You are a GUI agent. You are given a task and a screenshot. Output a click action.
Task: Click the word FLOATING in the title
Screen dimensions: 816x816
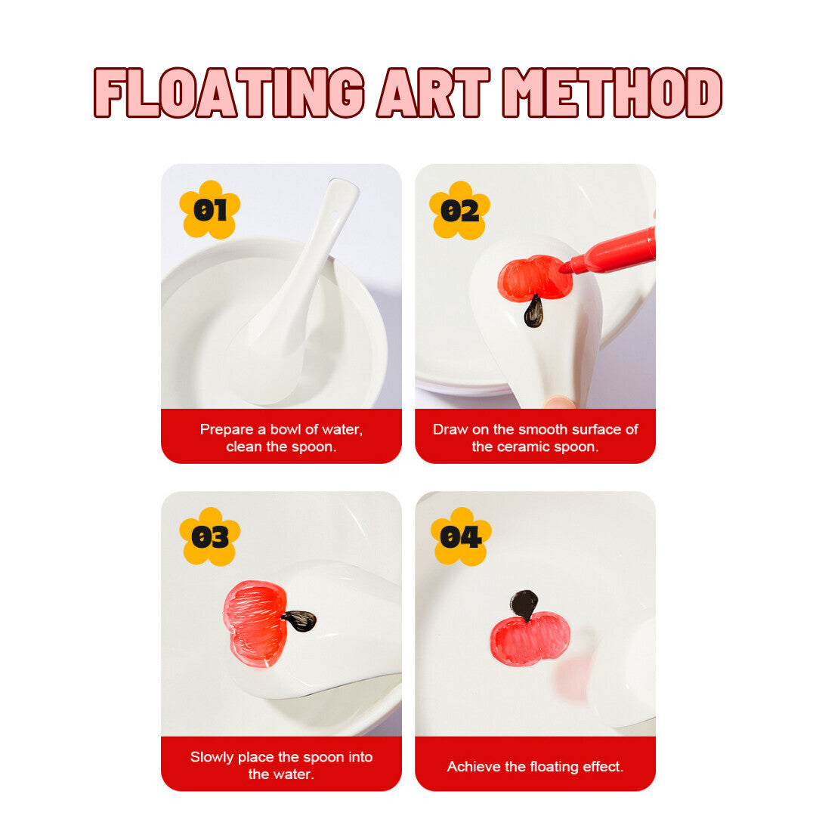[x=228, y=93]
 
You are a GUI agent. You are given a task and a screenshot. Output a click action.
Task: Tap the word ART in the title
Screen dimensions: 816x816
[x=434, y=93]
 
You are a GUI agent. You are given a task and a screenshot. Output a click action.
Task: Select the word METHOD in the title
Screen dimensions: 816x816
[x=613, y=93]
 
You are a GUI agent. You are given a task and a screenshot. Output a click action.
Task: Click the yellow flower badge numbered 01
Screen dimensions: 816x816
[x=210, y=210]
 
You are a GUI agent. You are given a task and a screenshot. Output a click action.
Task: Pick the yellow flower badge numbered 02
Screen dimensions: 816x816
[x=459, y=210]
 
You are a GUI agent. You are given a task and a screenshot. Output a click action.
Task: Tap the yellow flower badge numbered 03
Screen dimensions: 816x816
[x=210, y=536]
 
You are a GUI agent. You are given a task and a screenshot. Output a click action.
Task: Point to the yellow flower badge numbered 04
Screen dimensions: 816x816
[x=461, y=536]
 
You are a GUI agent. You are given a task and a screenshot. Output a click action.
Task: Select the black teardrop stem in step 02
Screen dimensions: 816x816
[x=533, y=311]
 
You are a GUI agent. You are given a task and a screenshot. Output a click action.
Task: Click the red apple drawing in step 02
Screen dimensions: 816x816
[x=534, y=278]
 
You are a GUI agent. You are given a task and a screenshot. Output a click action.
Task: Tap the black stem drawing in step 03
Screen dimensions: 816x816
[x=299, y=620]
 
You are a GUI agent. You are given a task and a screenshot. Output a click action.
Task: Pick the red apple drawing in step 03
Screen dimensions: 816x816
[x=255, y=624]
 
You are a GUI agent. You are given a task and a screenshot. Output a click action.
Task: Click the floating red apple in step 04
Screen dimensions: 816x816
[x=530, y=638]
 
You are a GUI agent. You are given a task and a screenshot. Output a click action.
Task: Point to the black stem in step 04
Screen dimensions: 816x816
[x=524, y=604]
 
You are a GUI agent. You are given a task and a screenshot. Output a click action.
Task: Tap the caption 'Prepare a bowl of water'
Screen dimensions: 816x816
[x=281, y=429]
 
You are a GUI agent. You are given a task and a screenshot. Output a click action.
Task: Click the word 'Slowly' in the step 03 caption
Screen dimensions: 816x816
[x=212, y=757]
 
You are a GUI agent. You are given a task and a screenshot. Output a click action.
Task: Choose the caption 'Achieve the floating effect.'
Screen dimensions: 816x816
[x=535, y=767]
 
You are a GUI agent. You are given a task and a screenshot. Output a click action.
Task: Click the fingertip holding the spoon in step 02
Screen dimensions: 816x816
[x=559, y=402]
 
